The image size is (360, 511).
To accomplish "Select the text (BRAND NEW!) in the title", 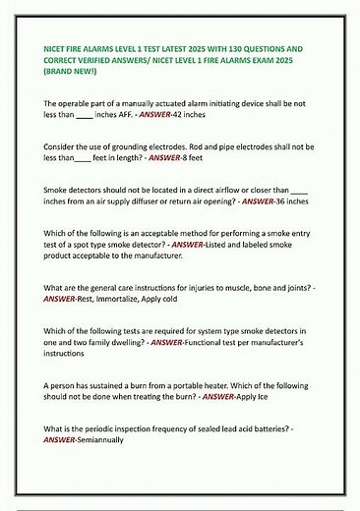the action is coord(74,73).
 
